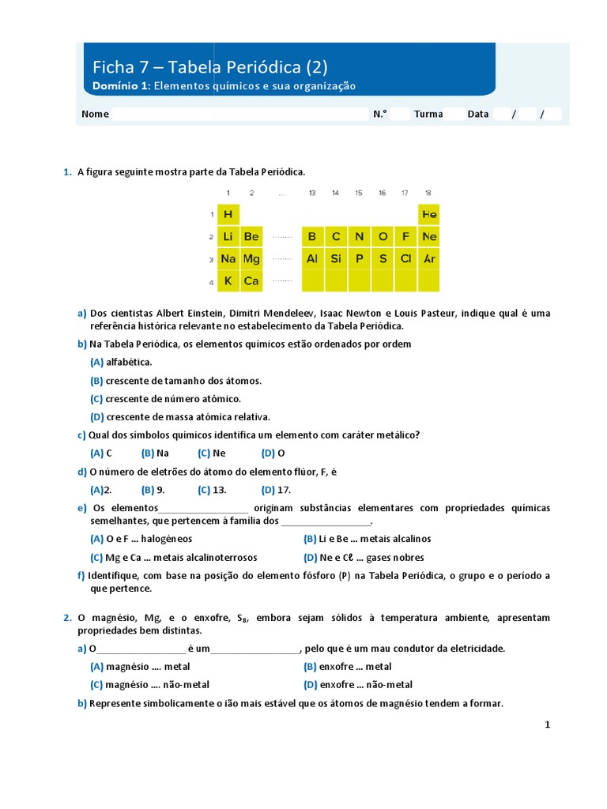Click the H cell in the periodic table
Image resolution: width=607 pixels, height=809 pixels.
click(x=228, y=214)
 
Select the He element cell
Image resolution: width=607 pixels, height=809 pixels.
click(x=429, y=214)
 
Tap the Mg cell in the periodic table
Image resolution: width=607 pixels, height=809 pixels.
click(x=251, y=258)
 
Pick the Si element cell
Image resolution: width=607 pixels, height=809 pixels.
click(x=336, y=258)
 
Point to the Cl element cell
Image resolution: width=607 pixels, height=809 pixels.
click(x=405, y=258)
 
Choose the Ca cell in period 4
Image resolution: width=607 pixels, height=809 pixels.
click(x=251, y=280)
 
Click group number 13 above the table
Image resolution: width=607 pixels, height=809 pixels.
click(x=312, y=193)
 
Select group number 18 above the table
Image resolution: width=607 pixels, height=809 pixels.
click(x=428, y=193)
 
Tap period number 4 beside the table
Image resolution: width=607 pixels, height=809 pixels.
click(x=211, y=281)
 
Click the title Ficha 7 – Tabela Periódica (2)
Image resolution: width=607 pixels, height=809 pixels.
click(x=210, y=66)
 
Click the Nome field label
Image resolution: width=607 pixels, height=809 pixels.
click(x=95, y=114)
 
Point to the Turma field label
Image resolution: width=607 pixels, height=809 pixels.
click(x=428, y=114)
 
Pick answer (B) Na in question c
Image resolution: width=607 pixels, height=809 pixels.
click(x=155, y=453)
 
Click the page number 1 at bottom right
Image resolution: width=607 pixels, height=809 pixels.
click(x=546, y=724)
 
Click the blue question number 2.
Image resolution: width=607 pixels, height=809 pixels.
click(x=67, y=618)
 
